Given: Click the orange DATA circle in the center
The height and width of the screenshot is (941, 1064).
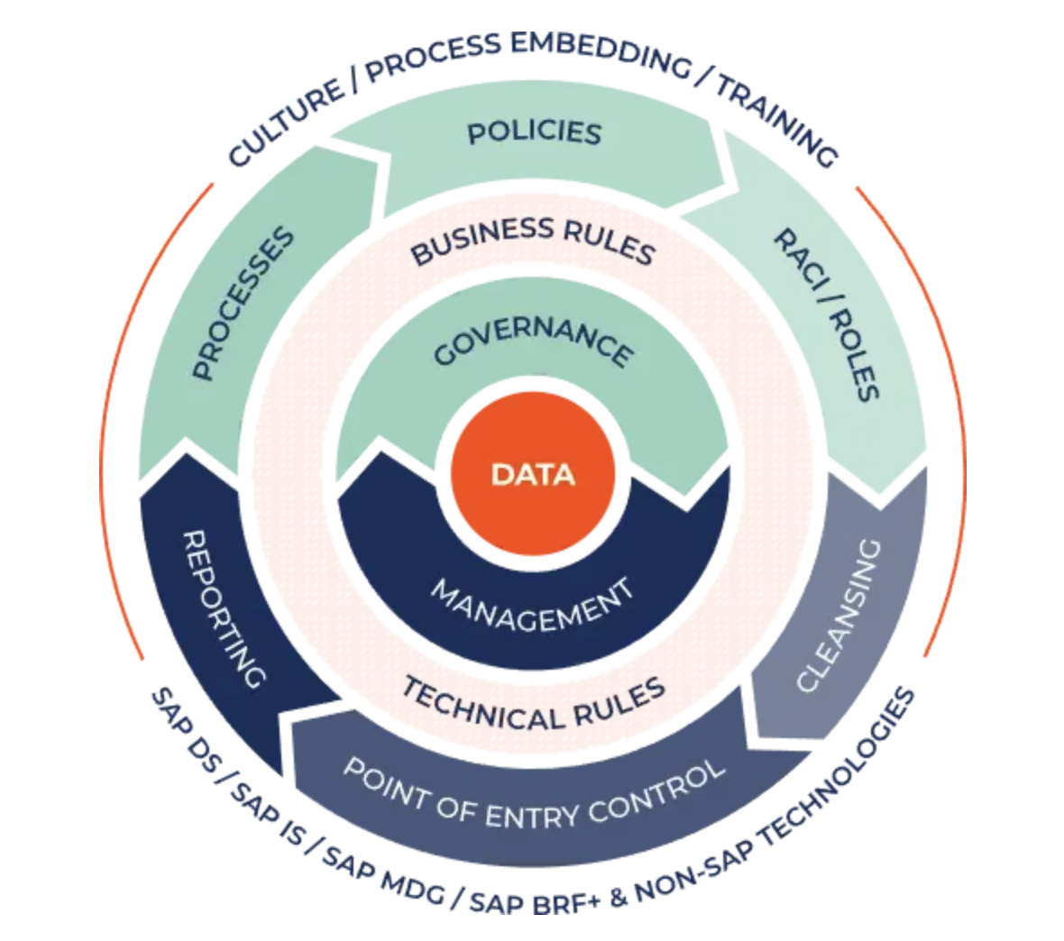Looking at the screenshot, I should click(532, 474).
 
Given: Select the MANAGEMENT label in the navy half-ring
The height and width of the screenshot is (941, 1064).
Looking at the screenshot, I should click(533, 606).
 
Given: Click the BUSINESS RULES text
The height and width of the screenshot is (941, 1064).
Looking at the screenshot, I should click(532, 240).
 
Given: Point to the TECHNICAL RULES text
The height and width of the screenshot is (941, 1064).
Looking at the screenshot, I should click(534, 704).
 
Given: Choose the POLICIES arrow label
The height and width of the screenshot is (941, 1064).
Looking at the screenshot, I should click(534, 133).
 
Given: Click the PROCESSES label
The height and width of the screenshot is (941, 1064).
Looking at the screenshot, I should click(243, 304).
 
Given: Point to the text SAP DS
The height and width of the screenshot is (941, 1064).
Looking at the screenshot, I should click(184, 729).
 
